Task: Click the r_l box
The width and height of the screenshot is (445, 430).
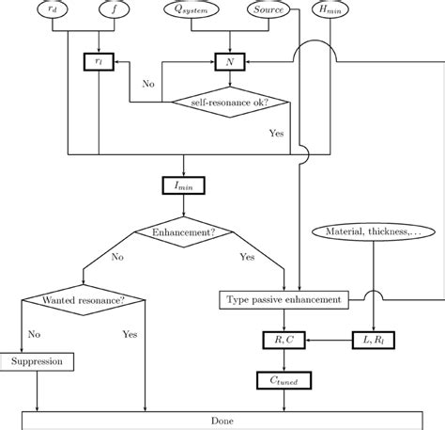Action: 98,61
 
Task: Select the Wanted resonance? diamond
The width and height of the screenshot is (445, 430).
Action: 84,300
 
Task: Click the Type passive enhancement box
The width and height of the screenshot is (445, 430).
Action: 284,300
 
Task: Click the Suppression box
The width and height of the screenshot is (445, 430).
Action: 38,361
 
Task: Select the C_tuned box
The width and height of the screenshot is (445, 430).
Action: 284,380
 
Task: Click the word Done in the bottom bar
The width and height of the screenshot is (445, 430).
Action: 222,421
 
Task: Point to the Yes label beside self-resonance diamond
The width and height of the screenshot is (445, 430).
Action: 276,133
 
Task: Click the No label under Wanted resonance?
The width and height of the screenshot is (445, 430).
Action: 35,333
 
